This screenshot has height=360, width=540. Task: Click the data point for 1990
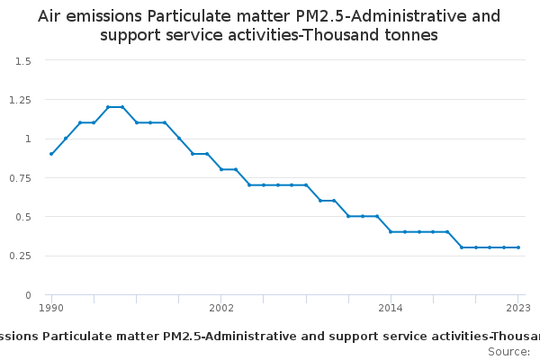pos(51,154)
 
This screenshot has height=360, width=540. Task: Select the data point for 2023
pos(518,247)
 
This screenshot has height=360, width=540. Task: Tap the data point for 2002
pos(221,169)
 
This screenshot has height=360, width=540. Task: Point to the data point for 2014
pos(391,232)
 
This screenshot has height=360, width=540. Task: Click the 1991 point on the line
pos(66,139)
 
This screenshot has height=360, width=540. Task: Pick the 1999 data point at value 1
pos(179,139)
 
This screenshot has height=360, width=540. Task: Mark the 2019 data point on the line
pos(462,247)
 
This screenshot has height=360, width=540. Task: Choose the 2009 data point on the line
pos(320,201)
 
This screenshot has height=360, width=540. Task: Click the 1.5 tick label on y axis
pos(23,60)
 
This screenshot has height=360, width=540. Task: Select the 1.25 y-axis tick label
pos(21,100)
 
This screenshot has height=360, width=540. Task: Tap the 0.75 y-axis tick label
pos(21,177)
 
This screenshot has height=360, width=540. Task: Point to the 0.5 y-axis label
pos(23,217)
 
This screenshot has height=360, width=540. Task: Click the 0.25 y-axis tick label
pos(21,256)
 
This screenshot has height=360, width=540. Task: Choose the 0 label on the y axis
pos(29,295)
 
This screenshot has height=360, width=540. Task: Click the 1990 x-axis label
pos(51,309)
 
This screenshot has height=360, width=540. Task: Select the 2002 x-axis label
pos(221,309)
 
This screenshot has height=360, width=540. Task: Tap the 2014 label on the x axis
pos(391,309)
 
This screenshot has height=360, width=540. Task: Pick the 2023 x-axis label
pos(518,309)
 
